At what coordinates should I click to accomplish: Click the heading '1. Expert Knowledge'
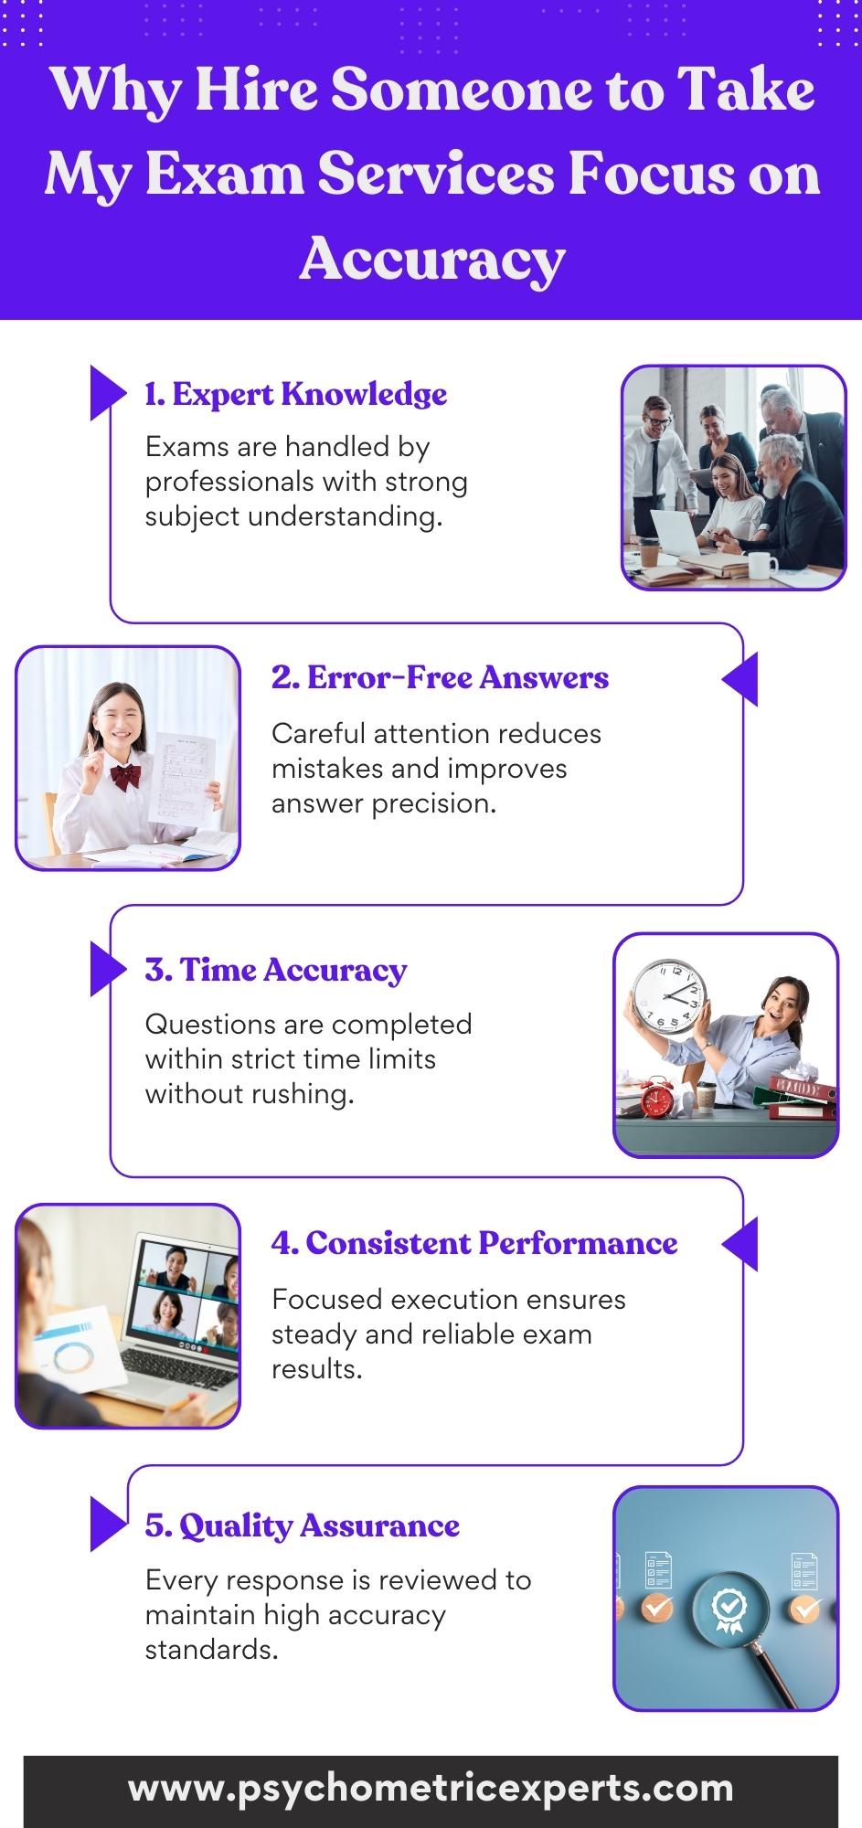296,394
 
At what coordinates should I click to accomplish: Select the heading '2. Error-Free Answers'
440,677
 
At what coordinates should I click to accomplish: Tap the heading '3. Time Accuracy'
276,970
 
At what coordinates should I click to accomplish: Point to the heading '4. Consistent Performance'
474,1243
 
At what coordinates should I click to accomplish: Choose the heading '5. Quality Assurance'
302,1525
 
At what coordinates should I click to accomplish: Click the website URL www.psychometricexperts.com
431,1788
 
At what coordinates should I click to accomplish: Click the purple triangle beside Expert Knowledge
107,393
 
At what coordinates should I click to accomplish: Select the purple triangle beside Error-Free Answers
740,679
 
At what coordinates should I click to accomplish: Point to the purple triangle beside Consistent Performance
740,1244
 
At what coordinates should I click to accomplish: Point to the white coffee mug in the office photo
759,566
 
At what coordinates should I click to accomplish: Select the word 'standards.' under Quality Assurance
211,1650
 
